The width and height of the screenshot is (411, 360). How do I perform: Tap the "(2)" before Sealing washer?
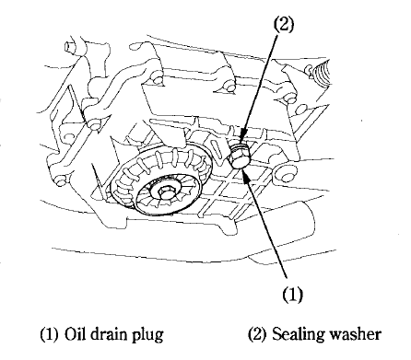click(250, 332)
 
